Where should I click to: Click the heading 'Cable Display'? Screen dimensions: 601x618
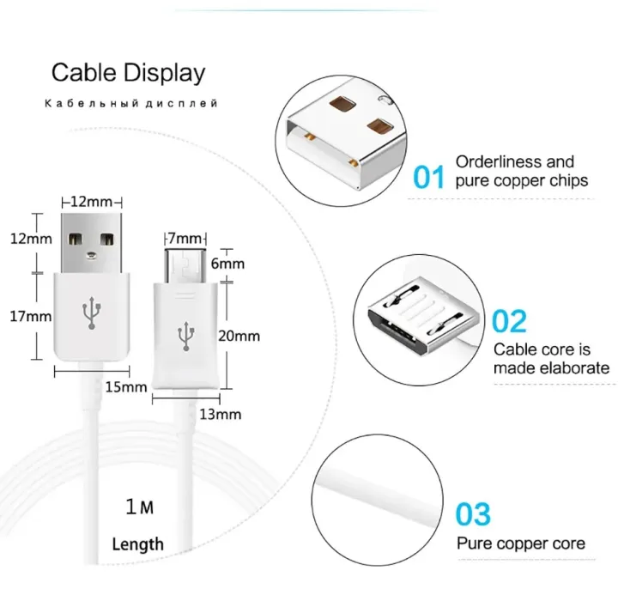point(129,72)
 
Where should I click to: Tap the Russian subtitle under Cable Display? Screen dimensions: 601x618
point(131,104)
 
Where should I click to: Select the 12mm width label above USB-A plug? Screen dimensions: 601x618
point(90,202)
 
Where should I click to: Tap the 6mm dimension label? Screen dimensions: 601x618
point(227,264)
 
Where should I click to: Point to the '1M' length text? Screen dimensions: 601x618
point(139,507)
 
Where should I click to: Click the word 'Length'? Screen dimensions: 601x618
point(137,543)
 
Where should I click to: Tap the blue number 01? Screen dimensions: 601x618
point(429,177)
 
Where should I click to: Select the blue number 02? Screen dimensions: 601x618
point(509,321)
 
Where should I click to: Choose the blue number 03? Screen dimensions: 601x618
point(473,515)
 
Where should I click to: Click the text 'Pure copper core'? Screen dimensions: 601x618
point(521,543)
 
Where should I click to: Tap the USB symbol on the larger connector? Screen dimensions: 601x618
point(91,315)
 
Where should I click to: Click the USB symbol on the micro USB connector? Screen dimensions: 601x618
point(184,336)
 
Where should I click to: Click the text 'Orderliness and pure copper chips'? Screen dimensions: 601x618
point(521,171)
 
